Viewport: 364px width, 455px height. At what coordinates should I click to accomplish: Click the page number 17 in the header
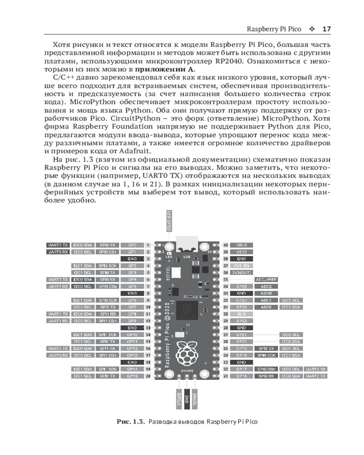(x=326, y=29)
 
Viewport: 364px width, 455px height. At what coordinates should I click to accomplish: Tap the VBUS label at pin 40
(x=242, y=245)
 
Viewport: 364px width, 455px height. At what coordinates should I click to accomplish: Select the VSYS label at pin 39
(x=242, y=252)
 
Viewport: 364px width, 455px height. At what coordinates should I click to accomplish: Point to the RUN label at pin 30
(x=242, y=314)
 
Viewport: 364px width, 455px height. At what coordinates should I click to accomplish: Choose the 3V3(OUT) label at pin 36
(x=242, y=272)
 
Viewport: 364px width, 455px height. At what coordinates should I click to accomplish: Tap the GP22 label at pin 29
(x=242, y=321)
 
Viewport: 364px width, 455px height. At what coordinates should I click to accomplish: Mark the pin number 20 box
(x=148, y=376)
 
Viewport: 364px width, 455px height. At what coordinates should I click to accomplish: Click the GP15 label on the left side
(x=132, y=376)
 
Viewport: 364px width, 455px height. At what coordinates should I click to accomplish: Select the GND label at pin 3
(x=132, y=258)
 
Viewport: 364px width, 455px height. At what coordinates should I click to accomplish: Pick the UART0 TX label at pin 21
(x=316, y=376)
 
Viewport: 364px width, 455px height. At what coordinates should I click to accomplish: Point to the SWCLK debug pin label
(x=179, y=399)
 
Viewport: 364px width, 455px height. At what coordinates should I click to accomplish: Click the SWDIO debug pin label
(x=194, y=399)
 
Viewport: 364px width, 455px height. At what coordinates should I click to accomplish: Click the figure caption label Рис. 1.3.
(x=131, y=422)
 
